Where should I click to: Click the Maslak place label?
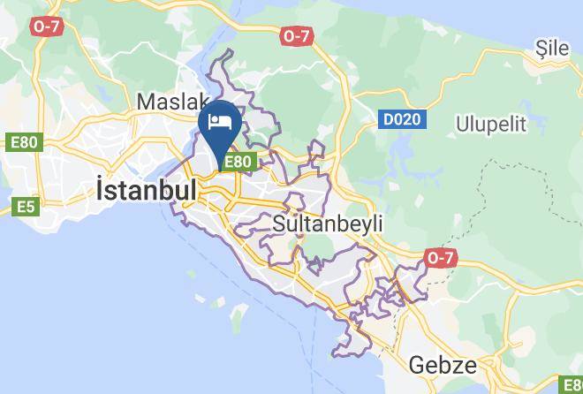[173, 102]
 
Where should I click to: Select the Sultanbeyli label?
[329, 224]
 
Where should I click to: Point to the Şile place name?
[553, 49]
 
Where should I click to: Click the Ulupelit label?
[492, 124]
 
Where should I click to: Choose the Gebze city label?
[443, 365]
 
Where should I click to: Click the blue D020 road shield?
[401, 118]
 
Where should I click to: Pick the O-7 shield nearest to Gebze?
[440, 257]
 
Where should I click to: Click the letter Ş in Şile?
[540, 49]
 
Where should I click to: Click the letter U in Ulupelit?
[463, 124]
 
